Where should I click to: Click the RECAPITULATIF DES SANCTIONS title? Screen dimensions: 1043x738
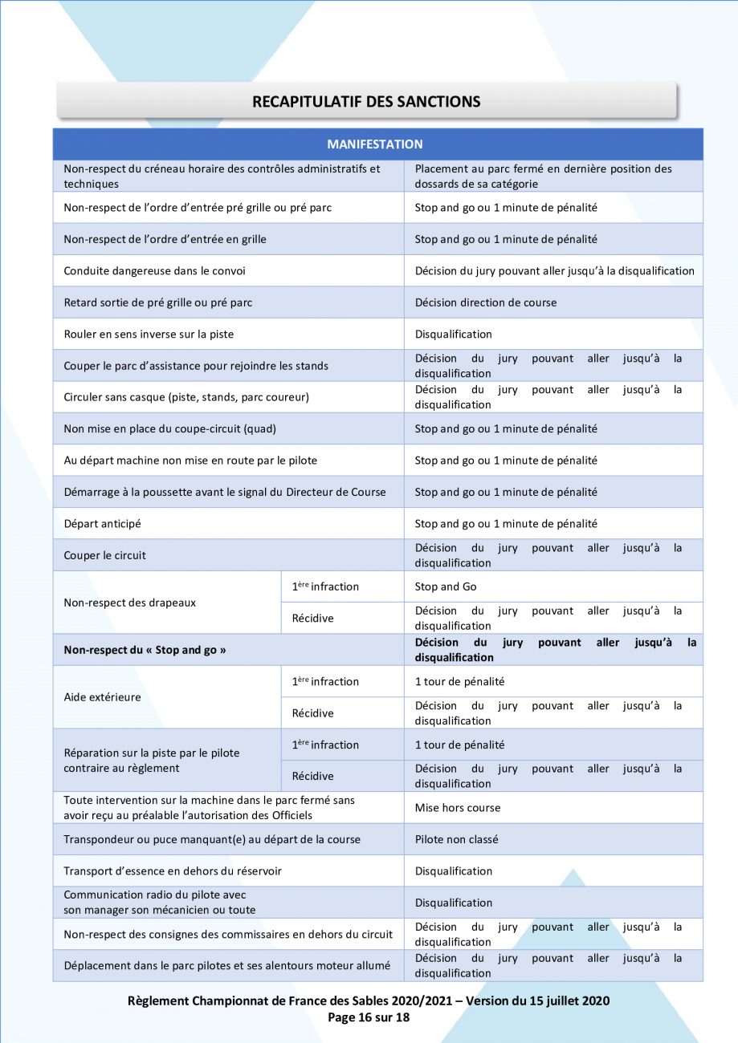[366, 102]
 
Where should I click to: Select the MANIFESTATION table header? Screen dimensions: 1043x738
[374, 144]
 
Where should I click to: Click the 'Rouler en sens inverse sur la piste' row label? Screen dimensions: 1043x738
[149, 334]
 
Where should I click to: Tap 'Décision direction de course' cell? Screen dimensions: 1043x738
[485, 302]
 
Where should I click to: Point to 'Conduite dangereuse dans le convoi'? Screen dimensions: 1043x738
[154, 271]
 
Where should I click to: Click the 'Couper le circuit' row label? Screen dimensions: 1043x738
[104, 555]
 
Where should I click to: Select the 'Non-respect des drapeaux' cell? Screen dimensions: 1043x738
[129, 603]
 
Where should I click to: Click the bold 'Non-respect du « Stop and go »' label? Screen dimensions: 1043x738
[145, 650]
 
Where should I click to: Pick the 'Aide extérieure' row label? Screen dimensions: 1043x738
[102, 697]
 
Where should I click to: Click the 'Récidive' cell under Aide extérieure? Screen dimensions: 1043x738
[312, 713]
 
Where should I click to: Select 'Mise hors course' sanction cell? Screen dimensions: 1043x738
[457, 808]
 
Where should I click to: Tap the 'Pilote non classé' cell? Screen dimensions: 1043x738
[456, 839]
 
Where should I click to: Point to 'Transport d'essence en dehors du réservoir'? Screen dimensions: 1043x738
[173, 871]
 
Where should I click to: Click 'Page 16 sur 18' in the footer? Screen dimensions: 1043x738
[369, 1017]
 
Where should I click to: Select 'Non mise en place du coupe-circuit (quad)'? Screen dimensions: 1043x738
[169, 428]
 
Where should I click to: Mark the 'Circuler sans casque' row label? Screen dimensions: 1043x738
[186, 397]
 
